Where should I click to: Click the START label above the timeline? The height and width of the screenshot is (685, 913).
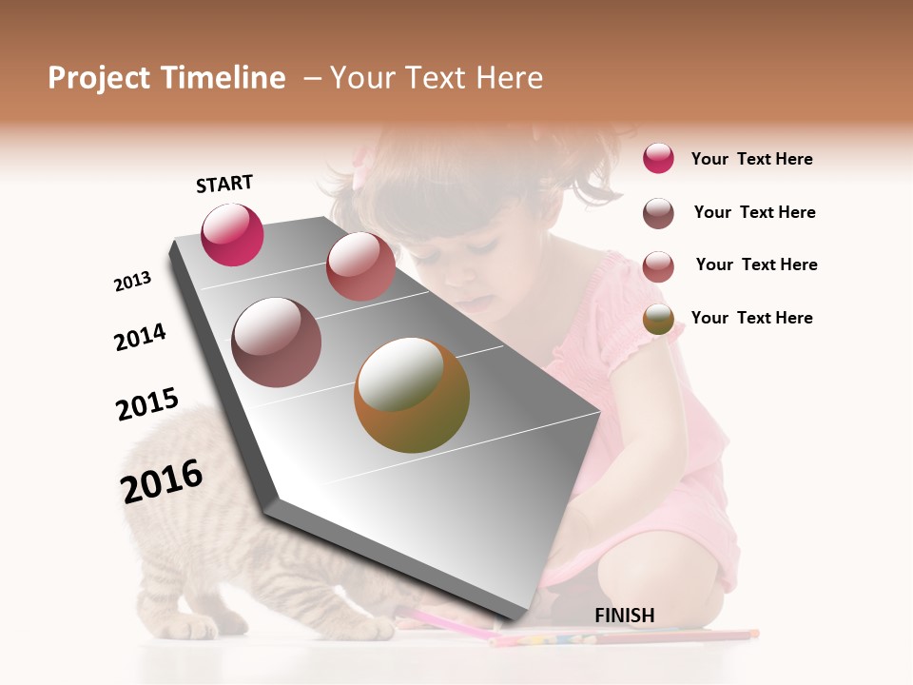(x=224, y=184)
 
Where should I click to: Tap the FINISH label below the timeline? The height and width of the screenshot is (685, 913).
(x=624, y=616)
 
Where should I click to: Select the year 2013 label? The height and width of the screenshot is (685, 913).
(x=132, y=282)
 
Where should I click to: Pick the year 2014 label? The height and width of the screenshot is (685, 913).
(x=140, y=337)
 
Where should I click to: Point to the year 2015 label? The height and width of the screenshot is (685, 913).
(x=147, y=404)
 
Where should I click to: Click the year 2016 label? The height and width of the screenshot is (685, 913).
(x=162, y=480)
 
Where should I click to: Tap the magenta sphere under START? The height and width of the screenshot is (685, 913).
(x=232, y=234)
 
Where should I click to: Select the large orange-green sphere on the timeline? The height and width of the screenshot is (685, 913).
(x=412, y=395)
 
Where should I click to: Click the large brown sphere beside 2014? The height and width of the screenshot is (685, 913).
(x=276, y=342)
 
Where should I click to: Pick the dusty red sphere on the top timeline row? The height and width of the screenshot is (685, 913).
(x=360, y=266)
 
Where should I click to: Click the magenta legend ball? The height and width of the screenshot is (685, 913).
(x=658, y=158)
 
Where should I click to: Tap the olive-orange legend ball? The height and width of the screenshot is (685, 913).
(x=658, y=319)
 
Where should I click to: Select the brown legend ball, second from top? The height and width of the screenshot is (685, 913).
(x=658, y=213)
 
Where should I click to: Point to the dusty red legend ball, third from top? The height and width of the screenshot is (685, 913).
(x=658, y=265)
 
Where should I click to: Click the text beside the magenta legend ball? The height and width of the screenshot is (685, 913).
(x=751, y=159)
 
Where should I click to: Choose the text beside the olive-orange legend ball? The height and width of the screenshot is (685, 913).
(x=751, y=318)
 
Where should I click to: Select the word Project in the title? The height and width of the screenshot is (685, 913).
(x=98, y=78)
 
